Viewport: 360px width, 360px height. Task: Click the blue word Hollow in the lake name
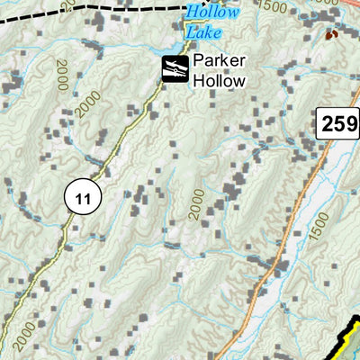tap(213, 13)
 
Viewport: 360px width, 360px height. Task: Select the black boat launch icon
tap(175, 68)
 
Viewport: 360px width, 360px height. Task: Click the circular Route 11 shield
tap(84, 197)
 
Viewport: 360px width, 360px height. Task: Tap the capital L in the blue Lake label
tap(190, 31)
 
